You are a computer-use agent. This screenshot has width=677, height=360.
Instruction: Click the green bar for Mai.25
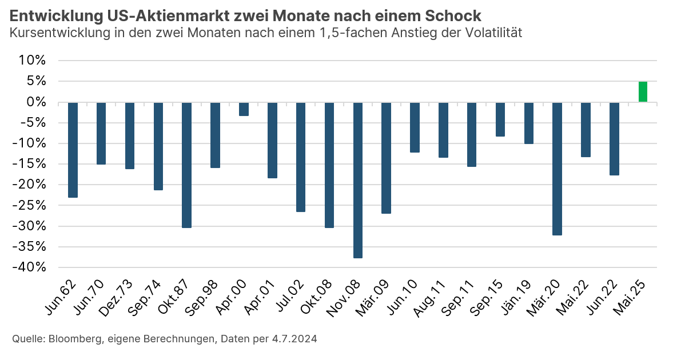click(x=643, y=92)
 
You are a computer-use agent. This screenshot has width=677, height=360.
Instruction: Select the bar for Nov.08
click(x=358, y=180)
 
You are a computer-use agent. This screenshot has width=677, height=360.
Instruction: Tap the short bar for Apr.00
click(x=244, y=109)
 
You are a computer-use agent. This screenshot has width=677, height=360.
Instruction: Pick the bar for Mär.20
click(x=557, y=169)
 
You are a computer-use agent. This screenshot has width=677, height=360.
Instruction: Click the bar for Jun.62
click(x=73, y=150)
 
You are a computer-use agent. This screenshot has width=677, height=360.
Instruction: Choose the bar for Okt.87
click(x=186, y=165)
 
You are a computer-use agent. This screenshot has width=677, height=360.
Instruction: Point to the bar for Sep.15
click(x=500, y=119)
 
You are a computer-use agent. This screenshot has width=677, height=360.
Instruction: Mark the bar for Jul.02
click(x=301, y=157)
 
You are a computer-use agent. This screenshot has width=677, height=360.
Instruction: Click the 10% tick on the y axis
click(x=33, y=61)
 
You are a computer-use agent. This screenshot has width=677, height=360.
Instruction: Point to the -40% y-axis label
click(x=30, y=267)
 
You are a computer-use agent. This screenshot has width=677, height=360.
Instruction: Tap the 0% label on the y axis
click(x=35, y=102)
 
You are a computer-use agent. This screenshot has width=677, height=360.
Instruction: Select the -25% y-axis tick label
click(x=30, y=205)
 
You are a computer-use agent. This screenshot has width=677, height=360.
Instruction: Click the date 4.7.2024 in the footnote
click(x=293, y=339)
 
